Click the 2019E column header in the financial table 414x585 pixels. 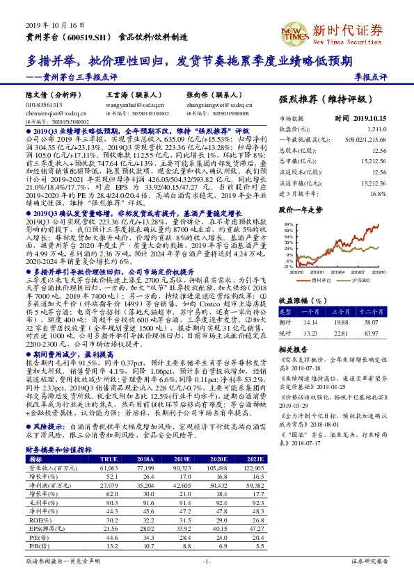pyautogui.click(x=184, y=458)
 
